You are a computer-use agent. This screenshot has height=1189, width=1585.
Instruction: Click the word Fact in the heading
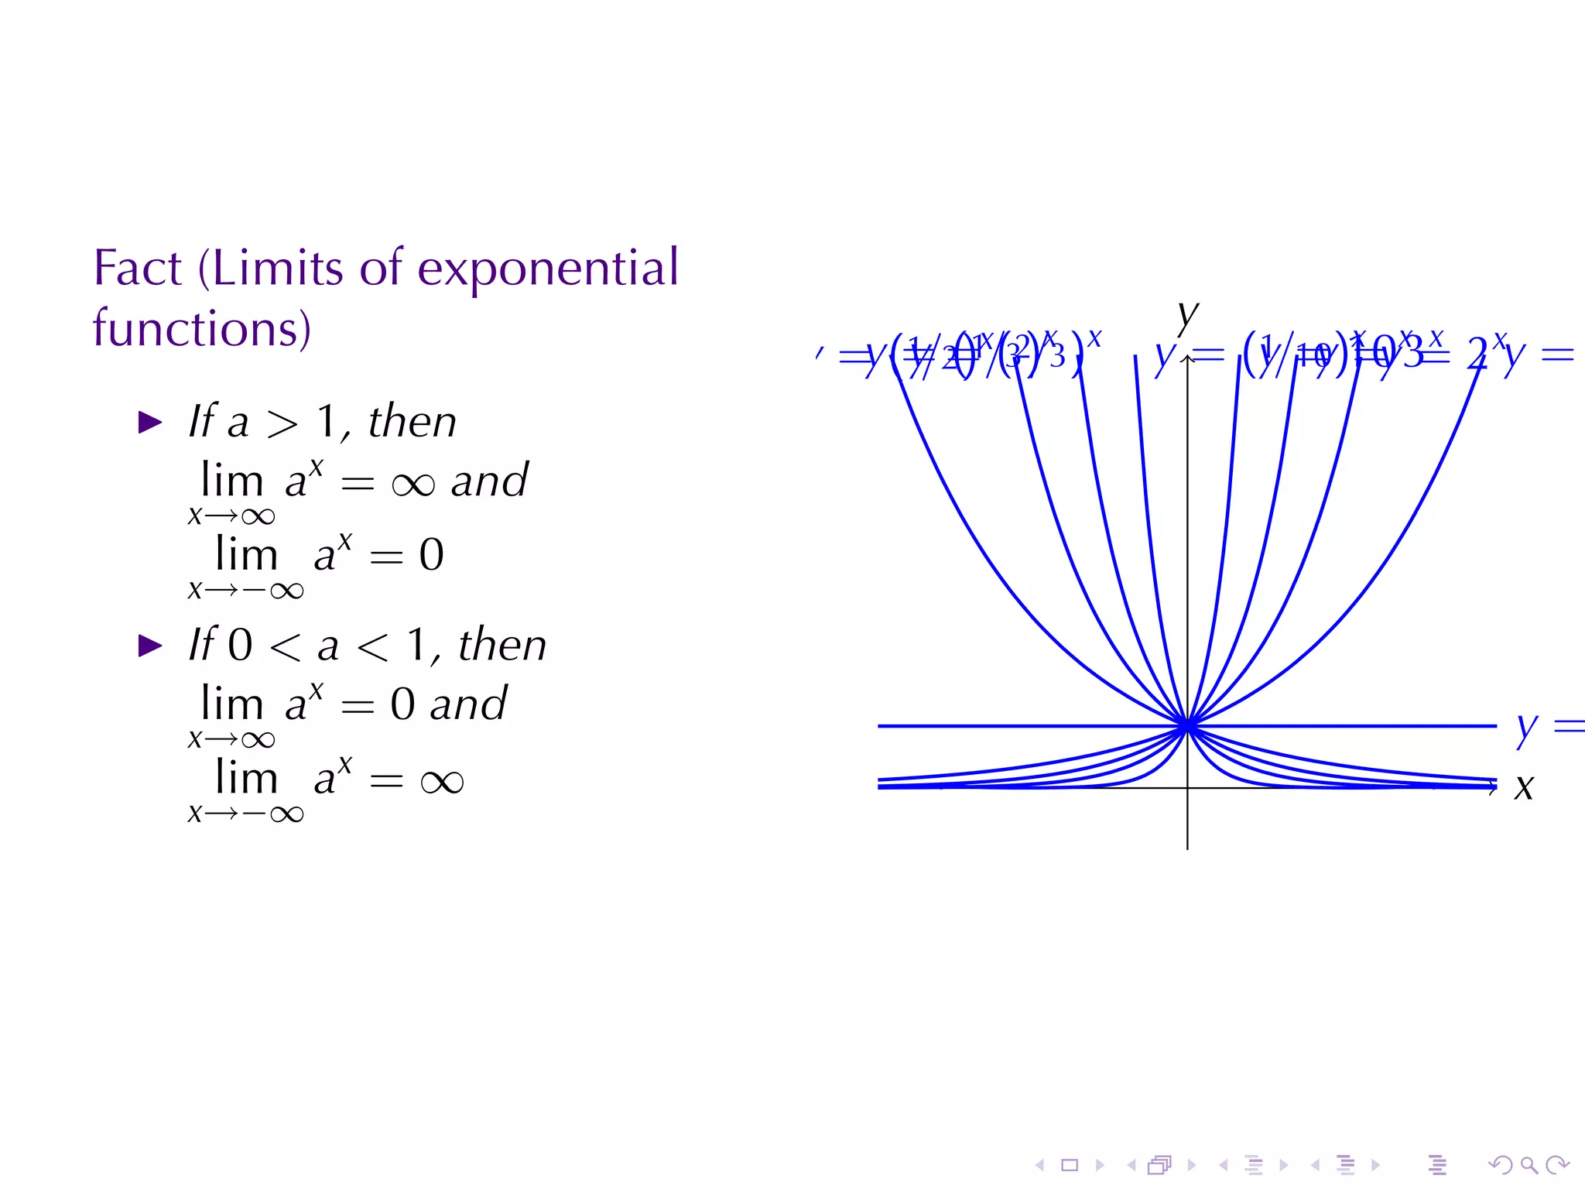tap(138, 269)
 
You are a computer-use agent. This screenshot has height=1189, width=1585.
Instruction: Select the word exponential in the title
tap(548, 269)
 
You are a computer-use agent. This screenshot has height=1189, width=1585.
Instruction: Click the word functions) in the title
tap(202, 328)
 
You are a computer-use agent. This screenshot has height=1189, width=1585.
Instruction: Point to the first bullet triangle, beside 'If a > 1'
tap(149, 422)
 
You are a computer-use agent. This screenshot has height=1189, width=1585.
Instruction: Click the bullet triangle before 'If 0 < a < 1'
tap(149, 645)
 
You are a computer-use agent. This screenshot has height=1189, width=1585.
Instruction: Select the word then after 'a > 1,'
tap(412, 422)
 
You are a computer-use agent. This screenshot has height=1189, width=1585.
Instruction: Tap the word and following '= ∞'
tap(489, 481)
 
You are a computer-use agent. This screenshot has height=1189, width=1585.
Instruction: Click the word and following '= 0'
tap(468, 704)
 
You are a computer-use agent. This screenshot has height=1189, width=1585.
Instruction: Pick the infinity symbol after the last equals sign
tap(442, 782)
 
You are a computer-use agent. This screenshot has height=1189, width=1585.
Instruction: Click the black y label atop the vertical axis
tap(1187, 316)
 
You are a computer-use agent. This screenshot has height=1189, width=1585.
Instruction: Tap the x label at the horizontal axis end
tap(1524, 787)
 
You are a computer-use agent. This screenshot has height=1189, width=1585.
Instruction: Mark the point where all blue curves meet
tap(1187, 726)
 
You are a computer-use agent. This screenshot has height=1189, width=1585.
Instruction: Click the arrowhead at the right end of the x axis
tap(1493, 788)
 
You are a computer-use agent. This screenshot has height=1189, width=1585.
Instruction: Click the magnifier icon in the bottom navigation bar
tap(1529, 1164)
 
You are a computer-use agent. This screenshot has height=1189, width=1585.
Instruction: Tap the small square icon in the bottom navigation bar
tap(1070, 1164)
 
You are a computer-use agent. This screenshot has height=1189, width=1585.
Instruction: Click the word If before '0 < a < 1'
tap(203, 645)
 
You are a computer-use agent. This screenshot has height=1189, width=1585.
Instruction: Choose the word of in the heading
tap(382, 269)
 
